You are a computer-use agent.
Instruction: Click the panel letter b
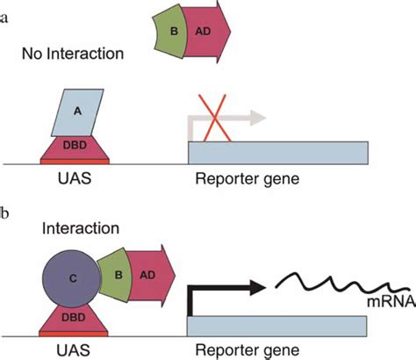(6, 212)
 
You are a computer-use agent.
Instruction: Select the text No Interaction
(74, 54)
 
